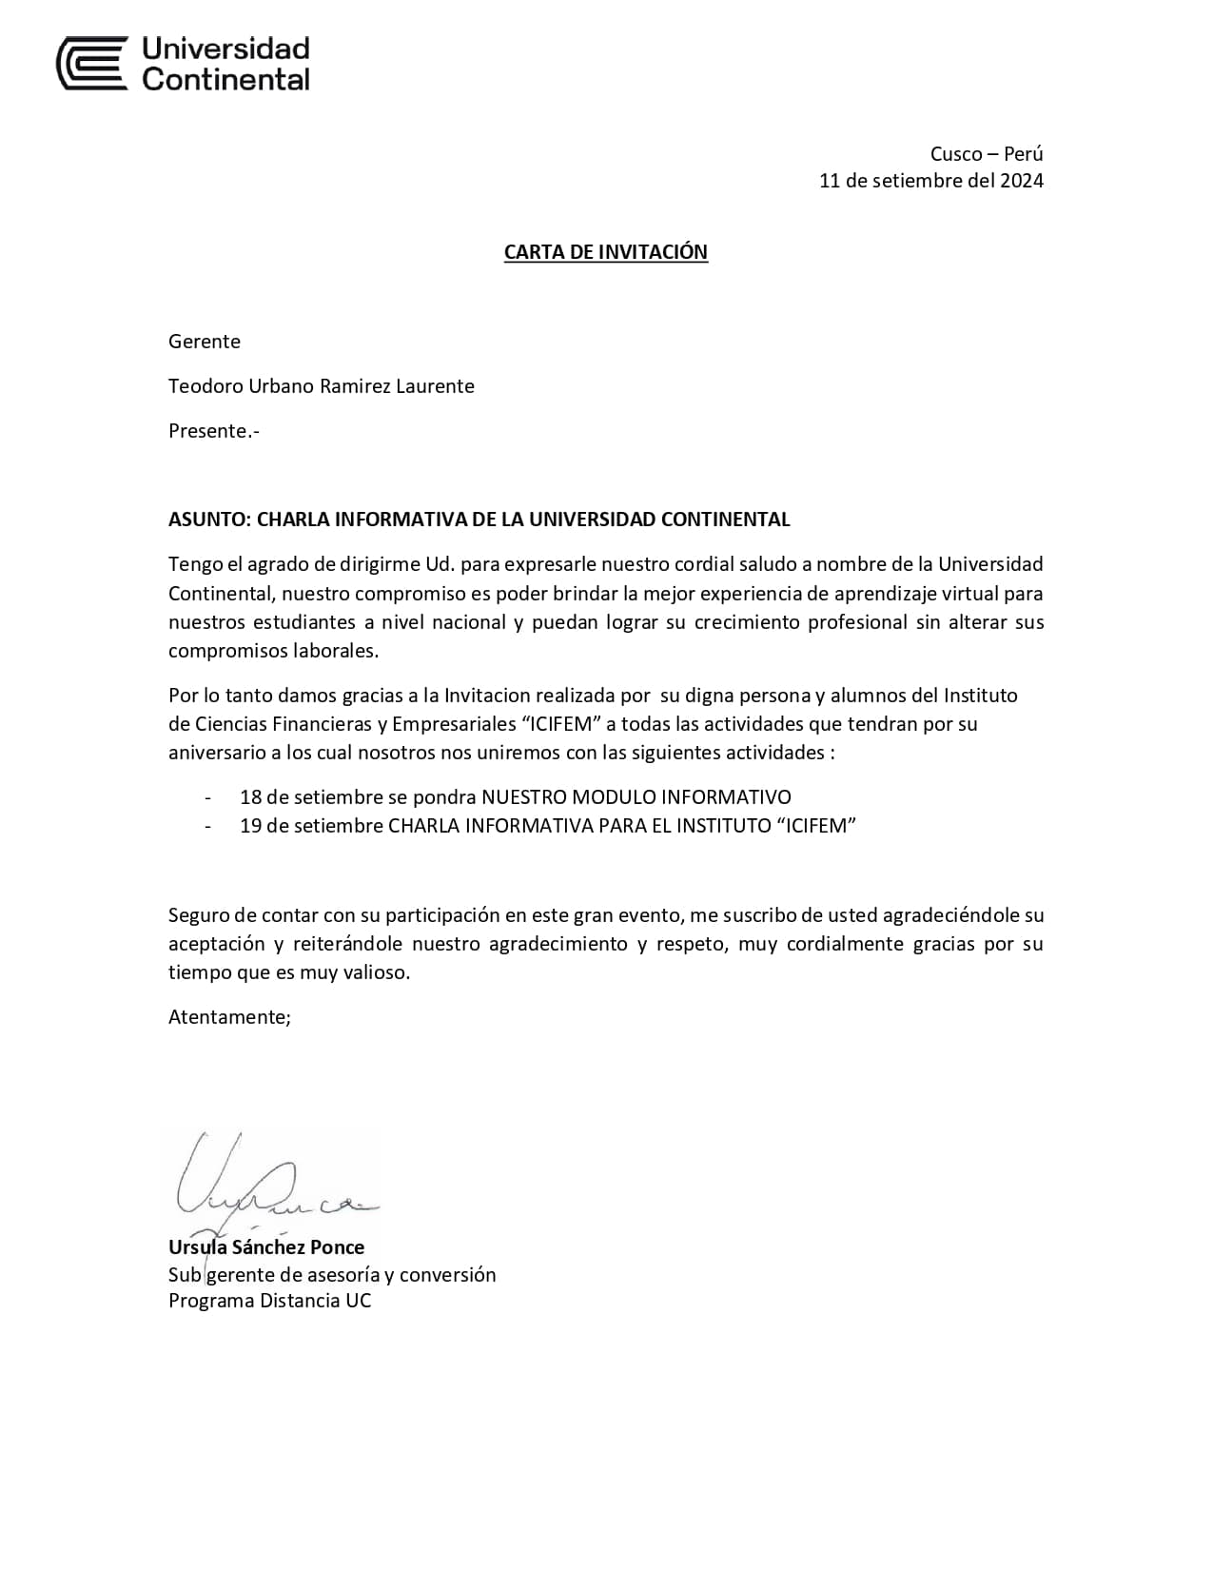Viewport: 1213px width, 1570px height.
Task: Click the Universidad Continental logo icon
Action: click(92, 63)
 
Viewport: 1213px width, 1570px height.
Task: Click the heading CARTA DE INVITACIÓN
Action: click(605, 252)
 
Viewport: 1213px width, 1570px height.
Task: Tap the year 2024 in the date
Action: click(1021, 181)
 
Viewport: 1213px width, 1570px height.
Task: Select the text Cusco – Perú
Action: click(986, 154)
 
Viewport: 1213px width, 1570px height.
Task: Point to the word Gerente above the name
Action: click(204, 342)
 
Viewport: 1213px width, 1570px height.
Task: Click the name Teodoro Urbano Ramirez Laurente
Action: click(321, 386)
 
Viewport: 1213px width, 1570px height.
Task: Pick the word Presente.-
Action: click(213, 431)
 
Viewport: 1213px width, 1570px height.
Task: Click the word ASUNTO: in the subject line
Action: click(209, 520)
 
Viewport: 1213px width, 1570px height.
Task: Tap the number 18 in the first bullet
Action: click(250, 797)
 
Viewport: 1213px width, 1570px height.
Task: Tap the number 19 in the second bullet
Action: click(250, 826)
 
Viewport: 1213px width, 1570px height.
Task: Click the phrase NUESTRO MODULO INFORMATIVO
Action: click(636, 797)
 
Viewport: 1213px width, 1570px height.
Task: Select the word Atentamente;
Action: click(229, 1017)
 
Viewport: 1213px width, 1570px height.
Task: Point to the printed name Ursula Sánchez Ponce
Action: click(266, 1247)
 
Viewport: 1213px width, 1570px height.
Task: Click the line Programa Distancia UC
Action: click(269, 1301)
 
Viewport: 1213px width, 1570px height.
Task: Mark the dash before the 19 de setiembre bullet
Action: click(208, 826)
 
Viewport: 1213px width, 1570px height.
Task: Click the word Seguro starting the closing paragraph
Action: click(199, 915)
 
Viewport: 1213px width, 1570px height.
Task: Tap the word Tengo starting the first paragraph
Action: click(195, 564)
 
